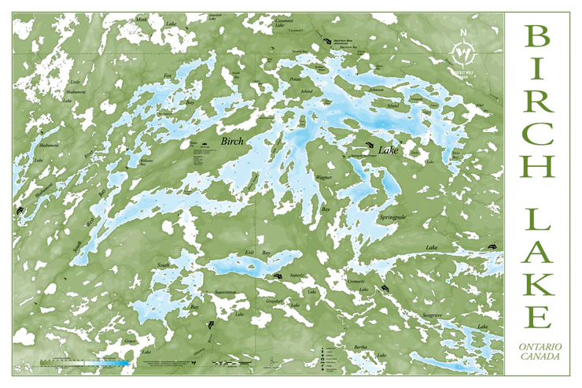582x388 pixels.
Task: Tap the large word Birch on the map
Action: [x=234, y=141]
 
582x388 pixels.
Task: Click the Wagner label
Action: [x=325, y=178]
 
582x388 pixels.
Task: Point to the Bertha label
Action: [x=361, y=347]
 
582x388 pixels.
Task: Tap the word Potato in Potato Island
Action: [x=296, y=80]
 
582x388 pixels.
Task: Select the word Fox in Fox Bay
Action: [x=167, y=76]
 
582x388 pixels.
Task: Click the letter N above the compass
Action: [x=464, y=33]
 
